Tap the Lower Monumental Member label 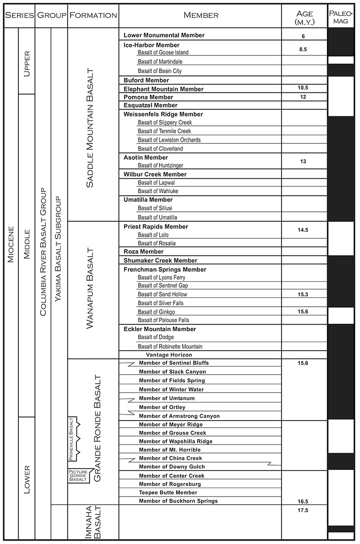pyautogui.click(x=163, y=35)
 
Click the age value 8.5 pyautogui.click(x=303, y=49)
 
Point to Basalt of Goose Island pyautogui.click(x=163, y=52)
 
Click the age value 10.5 pyautogui.click(x=303, y=88)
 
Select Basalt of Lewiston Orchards pyautogui.click(x=167, y=140)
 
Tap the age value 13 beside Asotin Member pyautogui.click(x=303, y=161)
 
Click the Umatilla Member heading pyautogui.click(x=147, y=200)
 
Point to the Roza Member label pyautogui.click(x=143, y=252)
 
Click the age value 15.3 pyautogui.click(x=303, y=295)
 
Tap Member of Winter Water pyautogui.click(x=171, y=389)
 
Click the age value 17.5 pyautogui.click(x=303, y=510)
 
